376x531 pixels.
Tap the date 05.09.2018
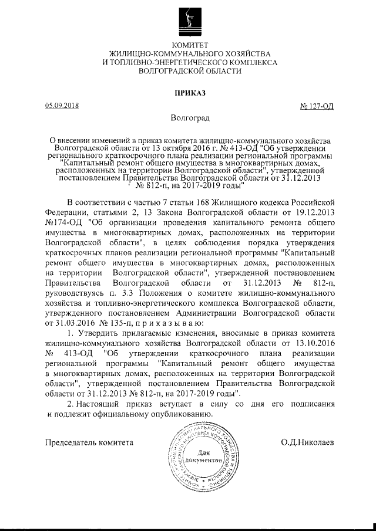[62, 106]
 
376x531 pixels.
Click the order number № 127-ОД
[317, 106]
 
